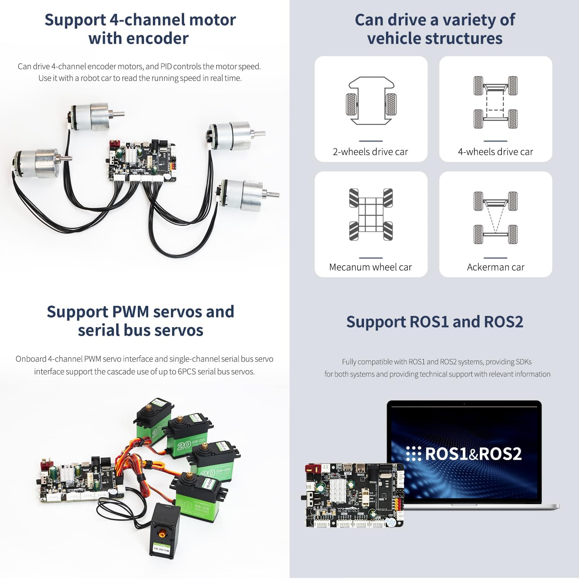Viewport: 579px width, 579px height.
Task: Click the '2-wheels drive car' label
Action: point(370,152)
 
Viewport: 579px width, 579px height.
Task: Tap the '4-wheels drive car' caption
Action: point(495,152)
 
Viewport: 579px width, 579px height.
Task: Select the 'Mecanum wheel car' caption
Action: point(370,267)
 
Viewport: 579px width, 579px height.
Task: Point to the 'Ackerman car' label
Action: point(495,267)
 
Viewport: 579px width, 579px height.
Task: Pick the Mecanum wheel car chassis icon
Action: point(371,214)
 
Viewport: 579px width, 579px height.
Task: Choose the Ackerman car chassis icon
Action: point(495,217)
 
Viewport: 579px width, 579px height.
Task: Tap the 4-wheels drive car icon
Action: point(495,102)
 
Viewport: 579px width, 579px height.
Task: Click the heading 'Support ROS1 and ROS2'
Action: point(435,322)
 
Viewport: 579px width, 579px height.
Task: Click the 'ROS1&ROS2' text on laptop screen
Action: point(473,454)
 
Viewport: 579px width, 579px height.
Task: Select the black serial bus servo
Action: point(165,530)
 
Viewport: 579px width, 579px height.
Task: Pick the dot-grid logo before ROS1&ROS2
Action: point(413,454)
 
